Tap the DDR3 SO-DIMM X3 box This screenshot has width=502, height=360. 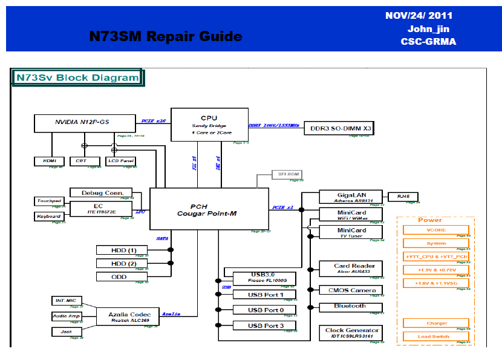point(341,129)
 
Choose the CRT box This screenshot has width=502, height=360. point(81,161)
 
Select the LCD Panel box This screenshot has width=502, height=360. point(120,161)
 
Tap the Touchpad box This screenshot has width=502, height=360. point(49,201)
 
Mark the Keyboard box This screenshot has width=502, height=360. point(49,216)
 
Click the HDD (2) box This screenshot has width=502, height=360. point(123,263)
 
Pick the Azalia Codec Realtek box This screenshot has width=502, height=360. point(129,316)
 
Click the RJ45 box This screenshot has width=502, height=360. point(403,197)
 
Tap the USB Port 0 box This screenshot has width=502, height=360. point(265,310)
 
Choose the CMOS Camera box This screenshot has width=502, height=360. point(351,290)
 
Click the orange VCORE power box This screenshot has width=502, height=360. point(435,231)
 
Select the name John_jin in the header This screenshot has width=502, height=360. point(428,28)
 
